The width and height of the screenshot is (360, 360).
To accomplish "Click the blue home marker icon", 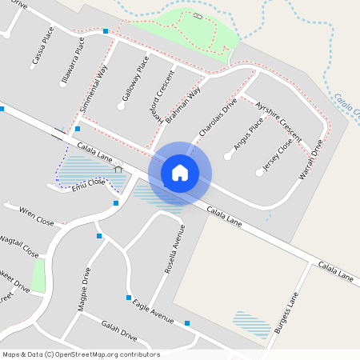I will click(180, 172).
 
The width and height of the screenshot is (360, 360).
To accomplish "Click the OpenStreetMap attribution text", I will click(81, 354).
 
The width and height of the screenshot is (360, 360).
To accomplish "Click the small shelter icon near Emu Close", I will click(118, 168).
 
